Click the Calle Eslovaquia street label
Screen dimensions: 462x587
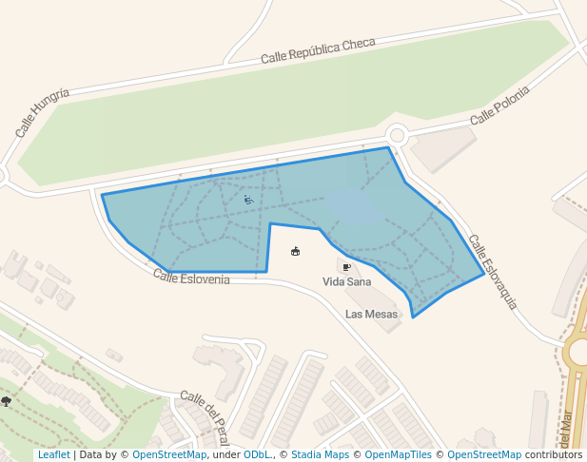[493, 272]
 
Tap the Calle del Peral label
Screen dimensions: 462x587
[204, 414]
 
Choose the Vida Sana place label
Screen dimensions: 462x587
[347, 282]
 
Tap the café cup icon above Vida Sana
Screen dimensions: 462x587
[346, 267]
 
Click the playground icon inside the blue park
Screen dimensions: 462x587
[248, 200]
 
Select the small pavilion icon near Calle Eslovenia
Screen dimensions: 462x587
[295, 251]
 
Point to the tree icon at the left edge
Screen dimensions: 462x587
[7, 401]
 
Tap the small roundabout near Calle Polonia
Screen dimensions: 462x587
[397, 135]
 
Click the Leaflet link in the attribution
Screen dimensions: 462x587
[53, 455]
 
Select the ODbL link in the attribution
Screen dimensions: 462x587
[256, 455]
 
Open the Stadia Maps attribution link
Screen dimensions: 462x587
[320, 455]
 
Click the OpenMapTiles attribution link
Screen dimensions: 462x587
[398, 455]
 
